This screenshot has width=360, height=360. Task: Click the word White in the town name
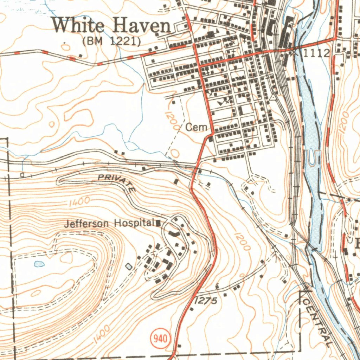point(79,26)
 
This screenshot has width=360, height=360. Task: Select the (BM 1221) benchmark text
point(111,41)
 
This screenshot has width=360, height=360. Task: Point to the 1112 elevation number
point(316,53)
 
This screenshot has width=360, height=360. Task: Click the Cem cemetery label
point(196,127)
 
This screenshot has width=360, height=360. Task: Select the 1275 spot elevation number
point(206,301)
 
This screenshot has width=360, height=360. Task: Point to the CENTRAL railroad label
point(318,322)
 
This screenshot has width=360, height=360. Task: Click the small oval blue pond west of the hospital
point(39,264)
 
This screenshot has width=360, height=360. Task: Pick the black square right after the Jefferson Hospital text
point(158,223)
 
